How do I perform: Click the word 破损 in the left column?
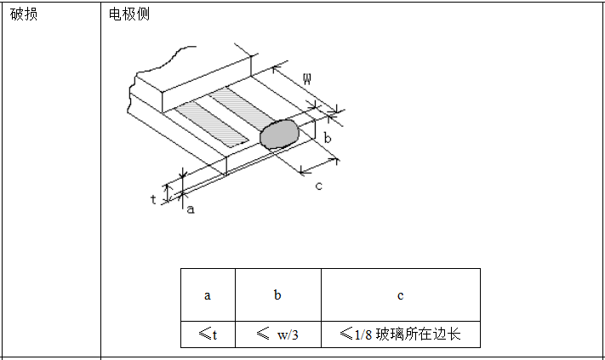24,14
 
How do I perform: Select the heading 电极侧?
130,14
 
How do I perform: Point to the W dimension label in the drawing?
306,79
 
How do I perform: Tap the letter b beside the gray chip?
327,136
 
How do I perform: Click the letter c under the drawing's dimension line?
318,186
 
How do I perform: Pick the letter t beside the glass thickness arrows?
153,199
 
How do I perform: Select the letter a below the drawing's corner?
191,209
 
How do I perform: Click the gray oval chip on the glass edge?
279,134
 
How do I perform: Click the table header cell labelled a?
208,295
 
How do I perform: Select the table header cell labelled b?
277,295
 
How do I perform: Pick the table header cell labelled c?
400,295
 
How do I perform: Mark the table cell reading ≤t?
208,334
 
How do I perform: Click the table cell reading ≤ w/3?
277,334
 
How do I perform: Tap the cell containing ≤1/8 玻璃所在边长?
400,334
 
